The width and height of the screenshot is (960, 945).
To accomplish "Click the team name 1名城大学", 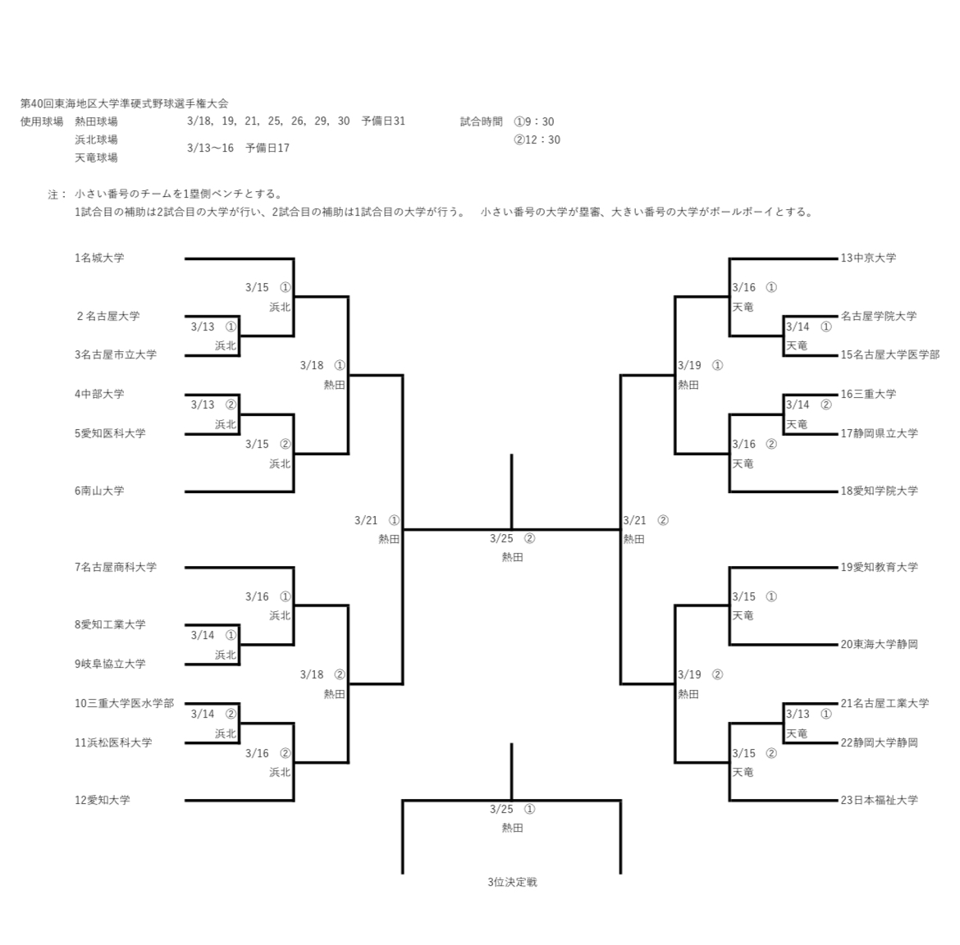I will (x=99, y=258).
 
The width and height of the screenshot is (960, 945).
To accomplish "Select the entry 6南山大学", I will (x=99, y=491).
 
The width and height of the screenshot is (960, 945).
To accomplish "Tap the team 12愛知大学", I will (x=103, y=800).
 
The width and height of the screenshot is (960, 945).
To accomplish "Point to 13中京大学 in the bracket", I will (x=868, y=258).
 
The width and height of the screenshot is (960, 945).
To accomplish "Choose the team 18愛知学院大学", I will (x=879, y=491).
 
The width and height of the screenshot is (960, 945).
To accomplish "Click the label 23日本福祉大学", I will (x=879, y=800).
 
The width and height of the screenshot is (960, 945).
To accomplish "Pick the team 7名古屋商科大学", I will (x=116, y=567).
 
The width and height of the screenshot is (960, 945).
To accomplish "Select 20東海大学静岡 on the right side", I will (x=879, y=644).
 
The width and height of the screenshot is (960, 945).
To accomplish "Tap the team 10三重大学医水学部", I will (x=125, y=703).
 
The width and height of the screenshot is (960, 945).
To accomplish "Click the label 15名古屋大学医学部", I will (x=889, y=354).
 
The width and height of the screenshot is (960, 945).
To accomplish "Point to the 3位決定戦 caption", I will (x=512, y=882).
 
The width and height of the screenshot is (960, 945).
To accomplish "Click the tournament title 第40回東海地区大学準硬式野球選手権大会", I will (x=124, y=103).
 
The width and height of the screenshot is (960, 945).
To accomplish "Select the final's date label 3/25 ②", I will (x=512, y=538).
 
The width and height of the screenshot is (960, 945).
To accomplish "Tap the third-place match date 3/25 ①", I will (x=512, y=809).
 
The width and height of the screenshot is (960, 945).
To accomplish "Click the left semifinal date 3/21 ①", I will (x=377, y=520).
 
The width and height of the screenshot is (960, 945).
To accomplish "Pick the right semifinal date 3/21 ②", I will (x=646, y=520).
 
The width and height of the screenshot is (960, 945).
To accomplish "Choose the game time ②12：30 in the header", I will (x=537, y=139).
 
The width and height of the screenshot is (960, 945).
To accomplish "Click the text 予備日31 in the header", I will (x=383, y=121).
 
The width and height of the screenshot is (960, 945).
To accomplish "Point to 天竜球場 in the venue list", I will (x=96, y=157).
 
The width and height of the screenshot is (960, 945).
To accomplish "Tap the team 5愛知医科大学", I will (x=110, y=432).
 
